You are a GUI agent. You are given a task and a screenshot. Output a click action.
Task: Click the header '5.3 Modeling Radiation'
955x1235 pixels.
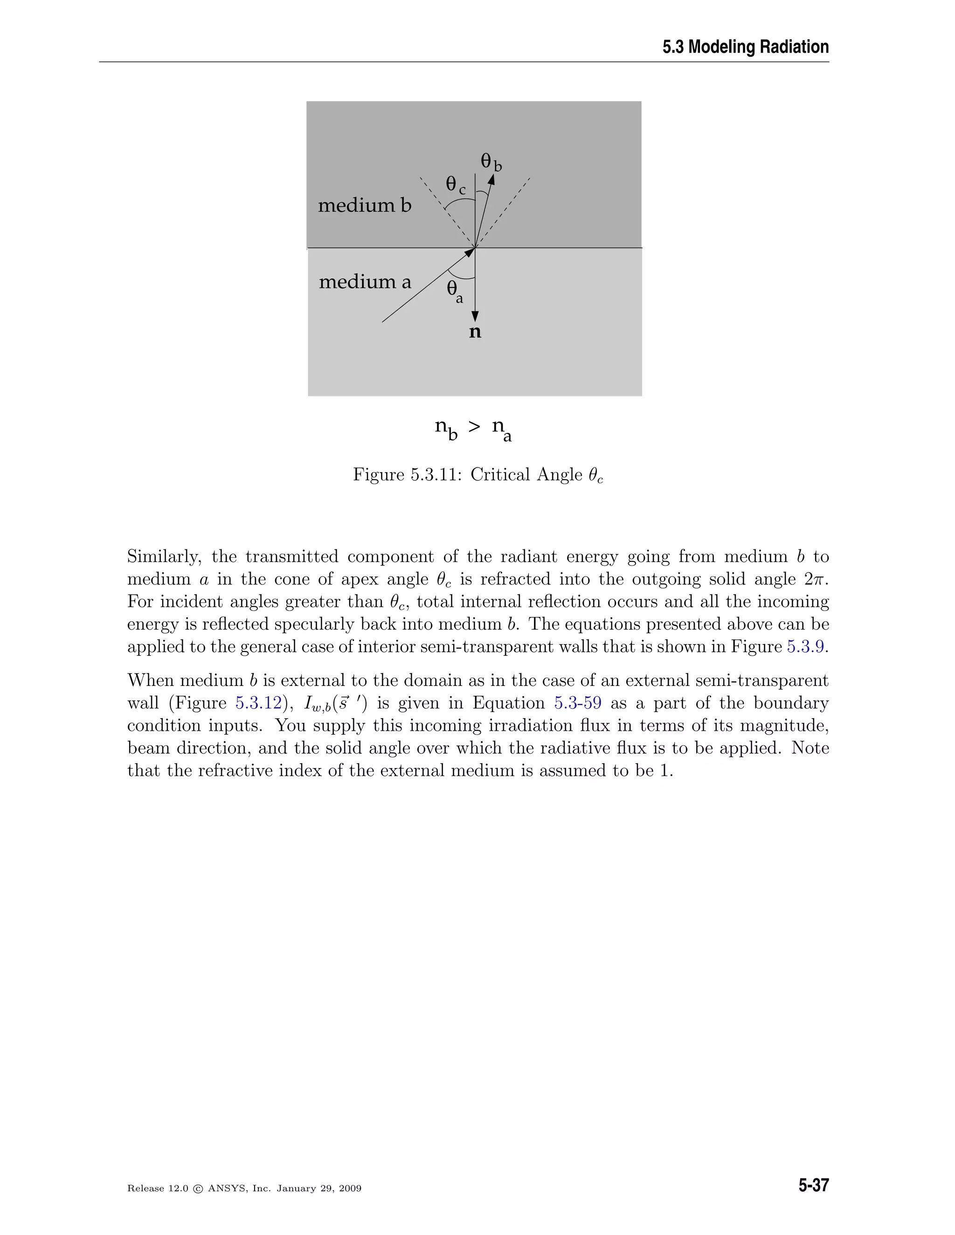pyautogui.click(x=745, y=47)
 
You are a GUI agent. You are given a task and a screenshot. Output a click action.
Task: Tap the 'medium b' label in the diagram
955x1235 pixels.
pyautogui.click(x=364, y=205)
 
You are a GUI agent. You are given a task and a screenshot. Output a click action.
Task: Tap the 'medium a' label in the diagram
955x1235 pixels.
pyautogui.click(x=365, y=281)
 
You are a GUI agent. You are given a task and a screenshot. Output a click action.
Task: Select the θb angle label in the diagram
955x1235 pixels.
pyautogui.click(x=491, y=162)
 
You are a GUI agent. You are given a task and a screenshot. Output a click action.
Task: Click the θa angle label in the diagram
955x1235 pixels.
pyautogui.click(x=454, y=291)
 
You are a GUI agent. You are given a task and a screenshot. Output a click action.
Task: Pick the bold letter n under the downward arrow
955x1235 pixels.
pyautogui.click(x=475, y=332)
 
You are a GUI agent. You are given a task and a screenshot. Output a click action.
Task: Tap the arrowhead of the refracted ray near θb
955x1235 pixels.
pyautogui.click(x=491, y=179)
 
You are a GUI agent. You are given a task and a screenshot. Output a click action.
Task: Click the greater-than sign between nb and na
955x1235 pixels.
pyautogui.click(x=474, y=427)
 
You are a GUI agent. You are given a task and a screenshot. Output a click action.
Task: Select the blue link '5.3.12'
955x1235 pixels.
pyautogui.click(x=258, y=703)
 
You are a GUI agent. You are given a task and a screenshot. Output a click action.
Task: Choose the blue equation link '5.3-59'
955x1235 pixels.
pyautogui.click(x=578, y=703)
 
